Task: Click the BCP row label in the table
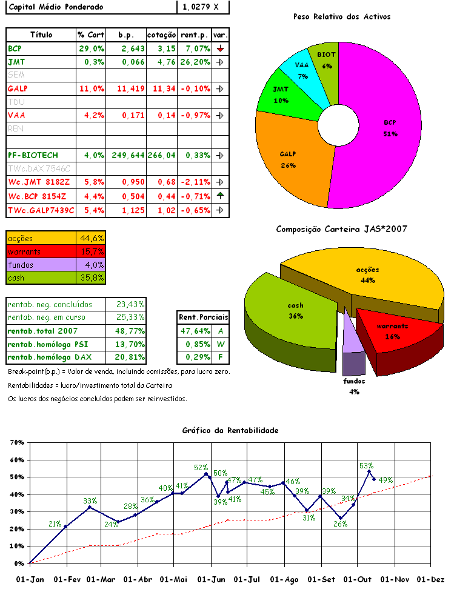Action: click(15, 48)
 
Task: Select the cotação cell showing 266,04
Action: click(161, 155)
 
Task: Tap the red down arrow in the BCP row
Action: click(221, 48)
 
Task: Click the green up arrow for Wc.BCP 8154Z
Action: click(221, 196)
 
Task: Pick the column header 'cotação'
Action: click(162, 35)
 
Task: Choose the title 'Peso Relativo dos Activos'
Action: click(341, 16)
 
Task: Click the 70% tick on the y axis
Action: click(17, 442)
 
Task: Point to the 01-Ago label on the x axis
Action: click(284, 579)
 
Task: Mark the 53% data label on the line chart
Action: click(366, 465)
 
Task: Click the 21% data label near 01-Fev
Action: click(55, 524)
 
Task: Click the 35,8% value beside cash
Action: click(91, 278)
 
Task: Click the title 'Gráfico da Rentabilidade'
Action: click(230, 430)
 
